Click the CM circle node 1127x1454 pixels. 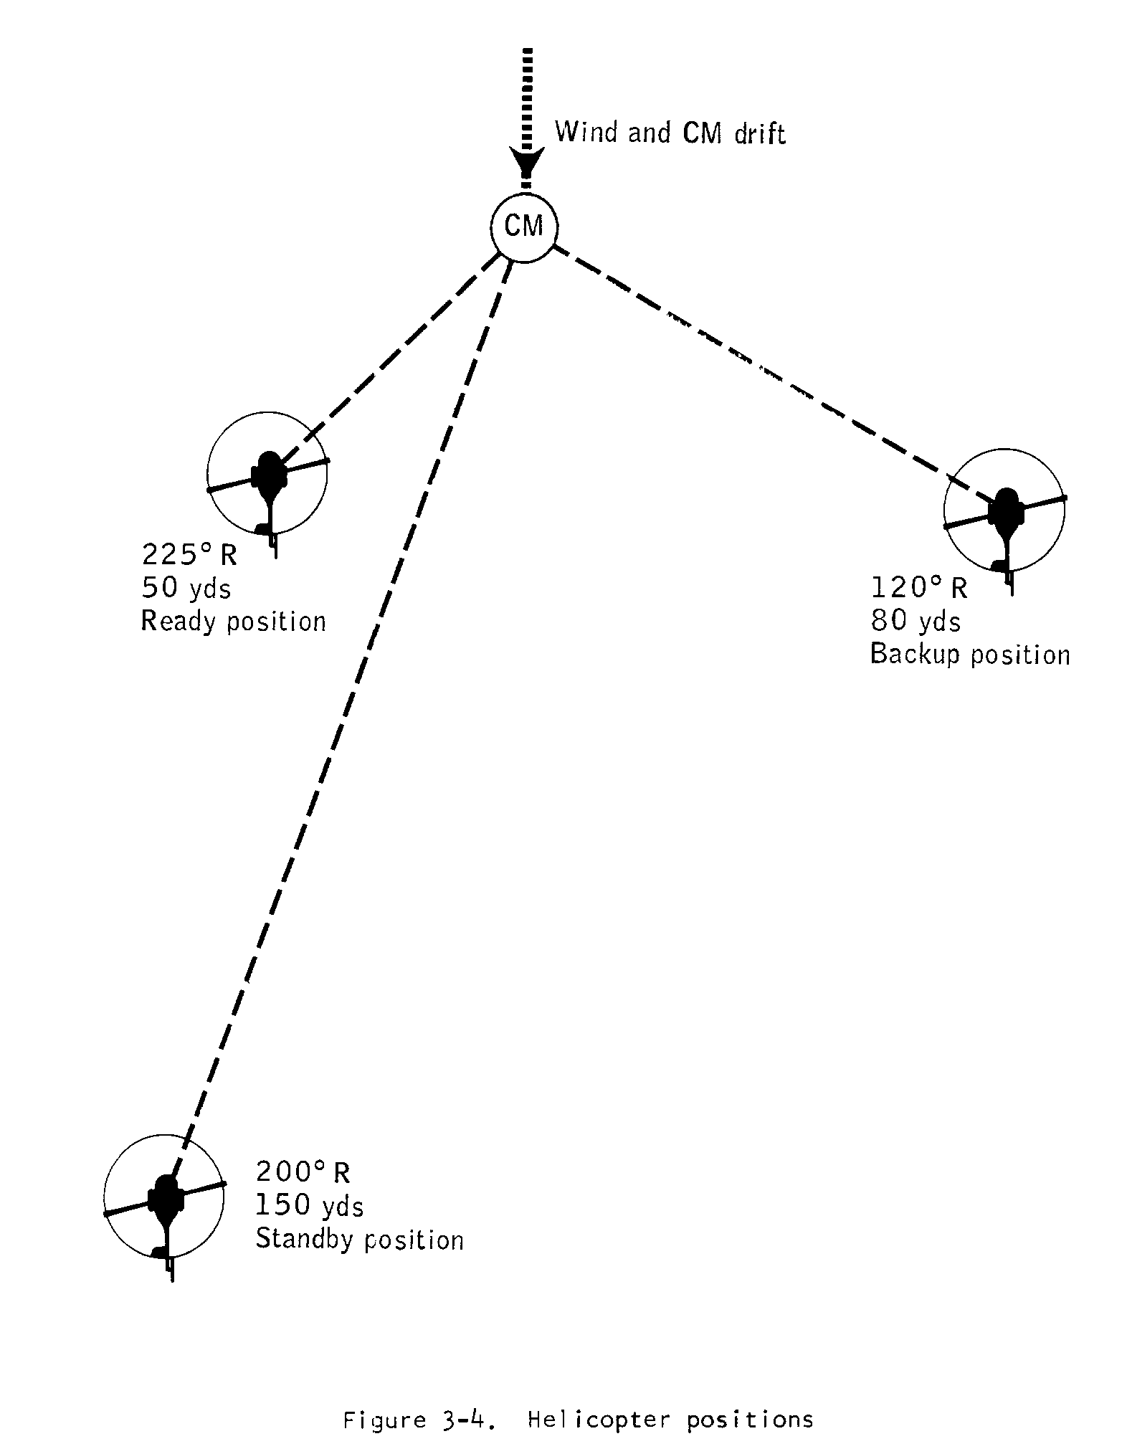[524, 227]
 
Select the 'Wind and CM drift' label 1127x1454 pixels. [670, 133]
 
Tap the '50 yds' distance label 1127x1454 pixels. [186, 588]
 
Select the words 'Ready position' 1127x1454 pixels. [233, 621]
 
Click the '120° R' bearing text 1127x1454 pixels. [919, 588]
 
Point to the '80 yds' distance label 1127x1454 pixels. [916, 621]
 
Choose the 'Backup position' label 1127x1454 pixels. [969, 654]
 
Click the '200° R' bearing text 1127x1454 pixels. [303, 1172]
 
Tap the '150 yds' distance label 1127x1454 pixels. [310, 1206]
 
